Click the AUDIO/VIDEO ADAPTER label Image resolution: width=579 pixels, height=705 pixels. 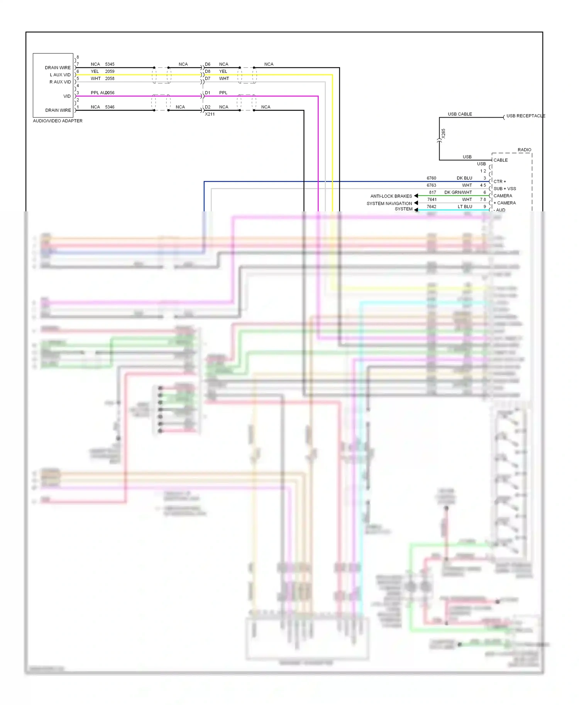point(58,121)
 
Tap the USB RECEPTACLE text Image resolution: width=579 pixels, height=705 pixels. point(525,116)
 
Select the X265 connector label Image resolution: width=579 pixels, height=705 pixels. point(444,133)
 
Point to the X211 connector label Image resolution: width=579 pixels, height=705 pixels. point(210,114)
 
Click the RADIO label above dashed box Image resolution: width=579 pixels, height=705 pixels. point(524,150)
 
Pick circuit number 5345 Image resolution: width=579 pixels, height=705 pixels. point(110,64)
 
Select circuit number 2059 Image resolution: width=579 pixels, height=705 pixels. point(110,71)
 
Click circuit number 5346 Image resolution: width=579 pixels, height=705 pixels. point(110,107)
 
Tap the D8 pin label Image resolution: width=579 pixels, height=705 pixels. point(208,71)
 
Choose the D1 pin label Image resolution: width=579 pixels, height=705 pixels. point(208,93)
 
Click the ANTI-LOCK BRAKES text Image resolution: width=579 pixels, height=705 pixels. point(391,196)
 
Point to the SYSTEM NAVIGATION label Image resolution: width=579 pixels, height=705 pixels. point(389,204)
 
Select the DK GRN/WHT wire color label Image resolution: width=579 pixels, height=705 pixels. point(458,192)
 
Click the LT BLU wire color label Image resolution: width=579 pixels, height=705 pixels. point(465,207)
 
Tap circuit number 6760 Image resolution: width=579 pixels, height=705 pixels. point(431,178)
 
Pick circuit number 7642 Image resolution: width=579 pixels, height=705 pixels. point(431,207)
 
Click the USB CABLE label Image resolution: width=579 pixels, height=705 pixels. point(460,114)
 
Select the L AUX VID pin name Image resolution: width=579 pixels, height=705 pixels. point(60,75)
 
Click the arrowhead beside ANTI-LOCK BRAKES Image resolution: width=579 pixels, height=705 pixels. point(416,196)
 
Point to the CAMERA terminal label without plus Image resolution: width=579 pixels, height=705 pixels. point(503,196)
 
